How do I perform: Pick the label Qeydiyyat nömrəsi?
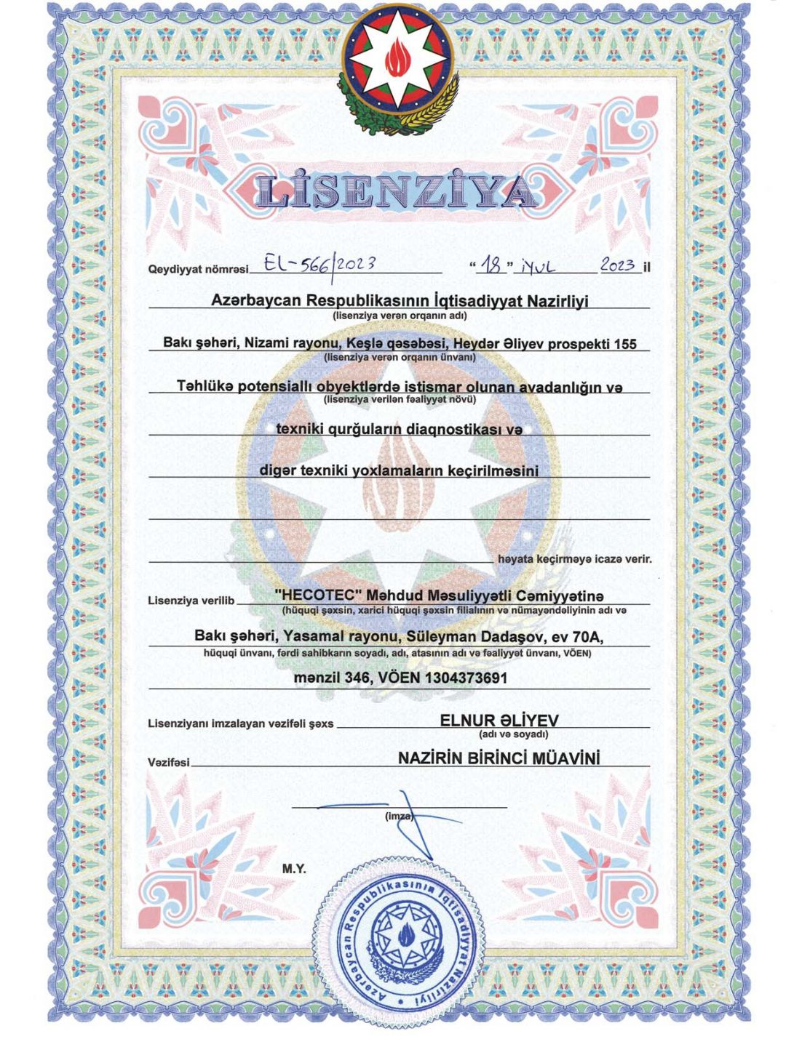point(198,269)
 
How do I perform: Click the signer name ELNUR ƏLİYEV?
point(499,720)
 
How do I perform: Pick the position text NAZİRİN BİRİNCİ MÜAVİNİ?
point(499,758)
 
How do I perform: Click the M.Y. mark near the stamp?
point(294,869)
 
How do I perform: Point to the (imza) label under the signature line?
point(399,817)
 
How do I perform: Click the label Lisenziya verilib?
point(191,601)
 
